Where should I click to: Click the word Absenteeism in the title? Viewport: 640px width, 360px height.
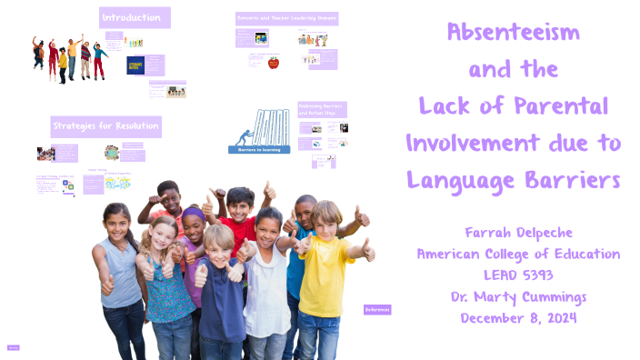pos(514,35)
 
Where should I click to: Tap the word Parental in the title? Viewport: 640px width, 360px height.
pos(563,105)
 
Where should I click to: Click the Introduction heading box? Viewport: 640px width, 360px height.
pos(135,17)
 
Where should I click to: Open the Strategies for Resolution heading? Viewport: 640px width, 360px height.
pos(105,125)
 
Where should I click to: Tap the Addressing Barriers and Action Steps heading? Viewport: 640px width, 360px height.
pos(322,110)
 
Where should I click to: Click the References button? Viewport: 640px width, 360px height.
pos(377,310)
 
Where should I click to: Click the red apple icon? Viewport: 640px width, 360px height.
pos(273,63)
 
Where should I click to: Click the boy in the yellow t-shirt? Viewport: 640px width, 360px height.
pos(325,273)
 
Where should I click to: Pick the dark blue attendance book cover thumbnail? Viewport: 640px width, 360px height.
pos(135,66)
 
